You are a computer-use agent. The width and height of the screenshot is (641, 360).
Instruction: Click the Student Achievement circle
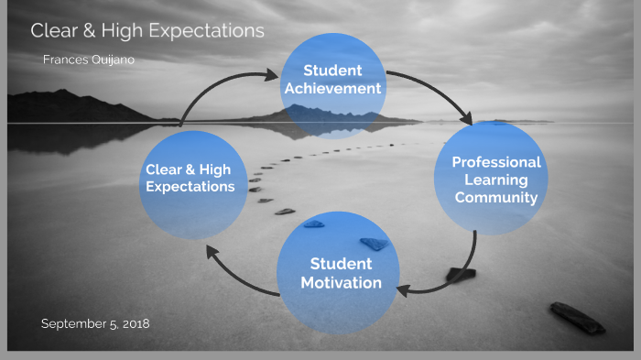331,80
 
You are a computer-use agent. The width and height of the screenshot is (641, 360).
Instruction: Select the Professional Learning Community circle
495,180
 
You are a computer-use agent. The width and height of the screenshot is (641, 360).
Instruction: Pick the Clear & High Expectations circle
190,178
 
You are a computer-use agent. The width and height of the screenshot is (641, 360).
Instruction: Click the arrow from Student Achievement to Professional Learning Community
438,92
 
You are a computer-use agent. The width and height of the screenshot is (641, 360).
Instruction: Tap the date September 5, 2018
95,323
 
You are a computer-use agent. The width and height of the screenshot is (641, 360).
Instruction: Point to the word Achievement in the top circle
331,89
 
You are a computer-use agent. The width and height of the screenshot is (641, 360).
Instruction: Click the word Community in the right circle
495,197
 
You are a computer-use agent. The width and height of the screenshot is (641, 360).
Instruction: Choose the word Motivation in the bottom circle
341,283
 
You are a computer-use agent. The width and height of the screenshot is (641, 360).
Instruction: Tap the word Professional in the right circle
495,162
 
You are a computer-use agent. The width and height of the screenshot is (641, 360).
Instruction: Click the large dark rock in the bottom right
577,318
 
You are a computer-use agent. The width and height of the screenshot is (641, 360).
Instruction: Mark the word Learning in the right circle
495,180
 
